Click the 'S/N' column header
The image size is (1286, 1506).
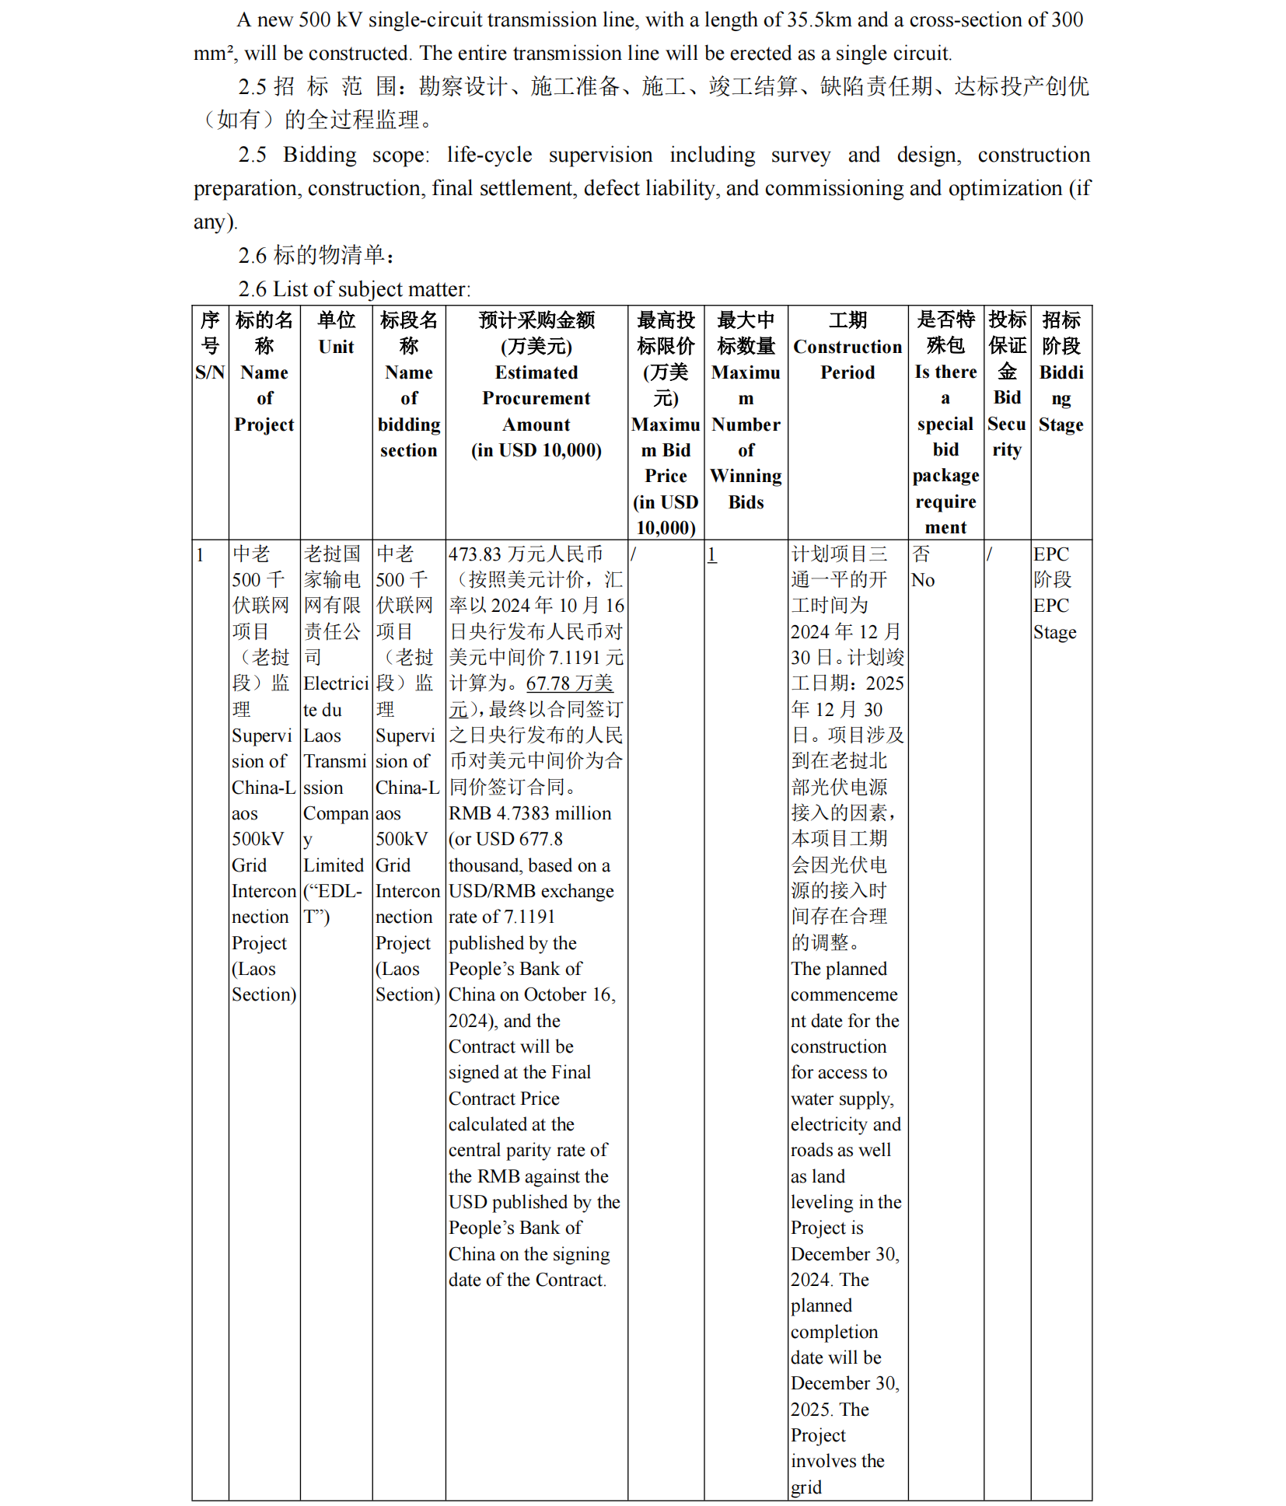210,372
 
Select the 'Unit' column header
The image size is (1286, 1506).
336,347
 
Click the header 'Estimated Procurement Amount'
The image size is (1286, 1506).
536,398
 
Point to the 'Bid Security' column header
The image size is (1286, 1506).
1007,424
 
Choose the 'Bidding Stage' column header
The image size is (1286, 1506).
1061,398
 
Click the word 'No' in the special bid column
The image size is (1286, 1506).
923,580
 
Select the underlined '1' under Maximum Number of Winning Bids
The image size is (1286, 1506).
711,554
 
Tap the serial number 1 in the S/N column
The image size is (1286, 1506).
200,554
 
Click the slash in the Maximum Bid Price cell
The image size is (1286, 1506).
634,554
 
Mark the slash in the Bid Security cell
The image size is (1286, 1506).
990,554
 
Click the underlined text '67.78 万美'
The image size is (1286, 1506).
570,683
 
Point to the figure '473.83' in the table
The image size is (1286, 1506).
474,554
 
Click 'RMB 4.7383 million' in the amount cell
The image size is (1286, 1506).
529,813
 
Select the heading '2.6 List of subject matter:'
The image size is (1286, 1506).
355,289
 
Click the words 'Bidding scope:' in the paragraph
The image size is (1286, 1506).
355,155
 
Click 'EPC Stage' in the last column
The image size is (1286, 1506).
1054,619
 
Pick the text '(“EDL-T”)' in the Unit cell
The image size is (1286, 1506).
332,903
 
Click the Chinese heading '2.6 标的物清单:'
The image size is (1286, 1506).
316,255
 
